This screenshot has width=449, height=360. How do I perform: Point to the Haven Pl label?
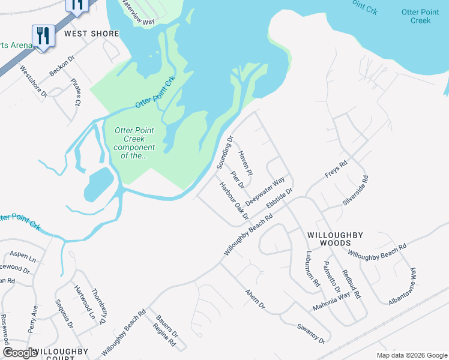(246, 164)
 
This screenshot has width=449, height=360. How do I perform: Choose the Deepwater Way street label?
(265, 191)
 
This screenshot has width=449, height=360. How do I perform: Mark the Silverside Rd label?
(355, 191)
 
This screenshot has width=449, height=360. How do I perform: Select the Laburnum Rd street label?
(313, 269)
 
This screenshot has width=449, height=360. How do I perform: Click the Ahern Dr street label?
(255, 298)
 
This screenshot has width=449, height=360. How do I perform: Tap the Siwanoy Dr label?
(310, 334)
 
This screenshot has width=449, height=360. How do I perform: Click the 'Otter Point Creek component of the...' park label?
(134, 143)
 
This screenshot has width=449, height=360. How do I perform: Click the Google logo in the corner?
(20, 353)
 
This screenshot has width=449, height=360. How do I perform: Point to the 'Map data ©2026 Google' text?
(411, 355)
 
